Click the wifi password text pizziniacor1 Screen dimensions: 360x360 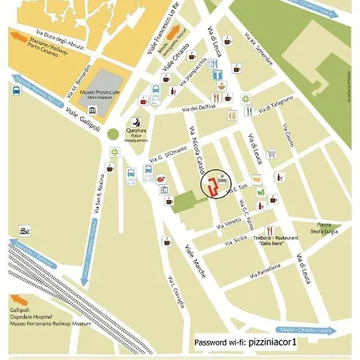coord(272,342)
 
